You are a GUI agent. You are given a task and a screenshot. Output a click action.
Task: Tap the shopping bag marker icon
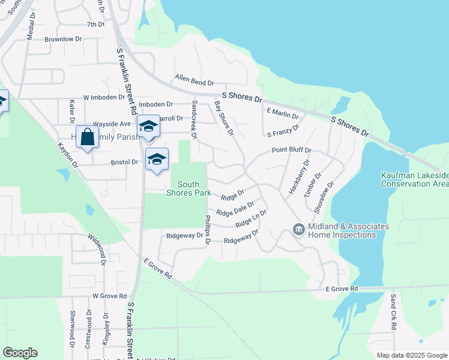click(x=87, y=136)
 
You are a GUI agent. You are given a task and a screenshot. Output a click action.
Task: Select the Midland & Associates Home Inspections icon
click(x=298, y=230)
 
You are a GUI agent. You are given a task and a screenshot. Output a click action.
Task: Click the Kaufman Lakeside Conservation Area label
click(x=414, y=179)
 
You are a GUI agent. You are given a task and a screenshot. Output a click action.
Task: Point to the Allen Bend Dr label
click(x=194, y=78)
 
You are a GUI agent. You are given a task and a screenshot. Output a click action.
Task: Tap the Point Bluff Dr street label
click(x=291, y=150)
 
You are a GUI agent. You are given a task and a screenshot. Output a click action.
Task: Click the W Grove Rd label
click(x=110, y=296)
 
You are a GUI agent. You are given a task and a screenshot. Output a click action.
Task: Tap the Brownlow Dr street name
click(x=63, y=39)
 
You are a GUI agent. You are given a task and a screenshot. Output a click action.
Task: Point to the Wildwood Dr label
click(x=96, y=250)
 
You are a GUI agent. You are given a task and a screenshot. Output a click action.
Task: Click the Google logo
click(x=20, y=353)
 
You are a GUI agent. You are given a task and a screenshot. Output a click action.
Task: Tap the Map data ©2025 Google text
click(x=411, y=355)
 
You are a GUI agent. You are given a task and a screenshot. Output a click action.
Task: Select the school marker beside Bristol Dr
click(x=157, y=159)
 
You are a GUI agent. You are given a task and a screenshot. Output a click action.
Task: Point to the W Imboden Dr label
click(x=104, y=97)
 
